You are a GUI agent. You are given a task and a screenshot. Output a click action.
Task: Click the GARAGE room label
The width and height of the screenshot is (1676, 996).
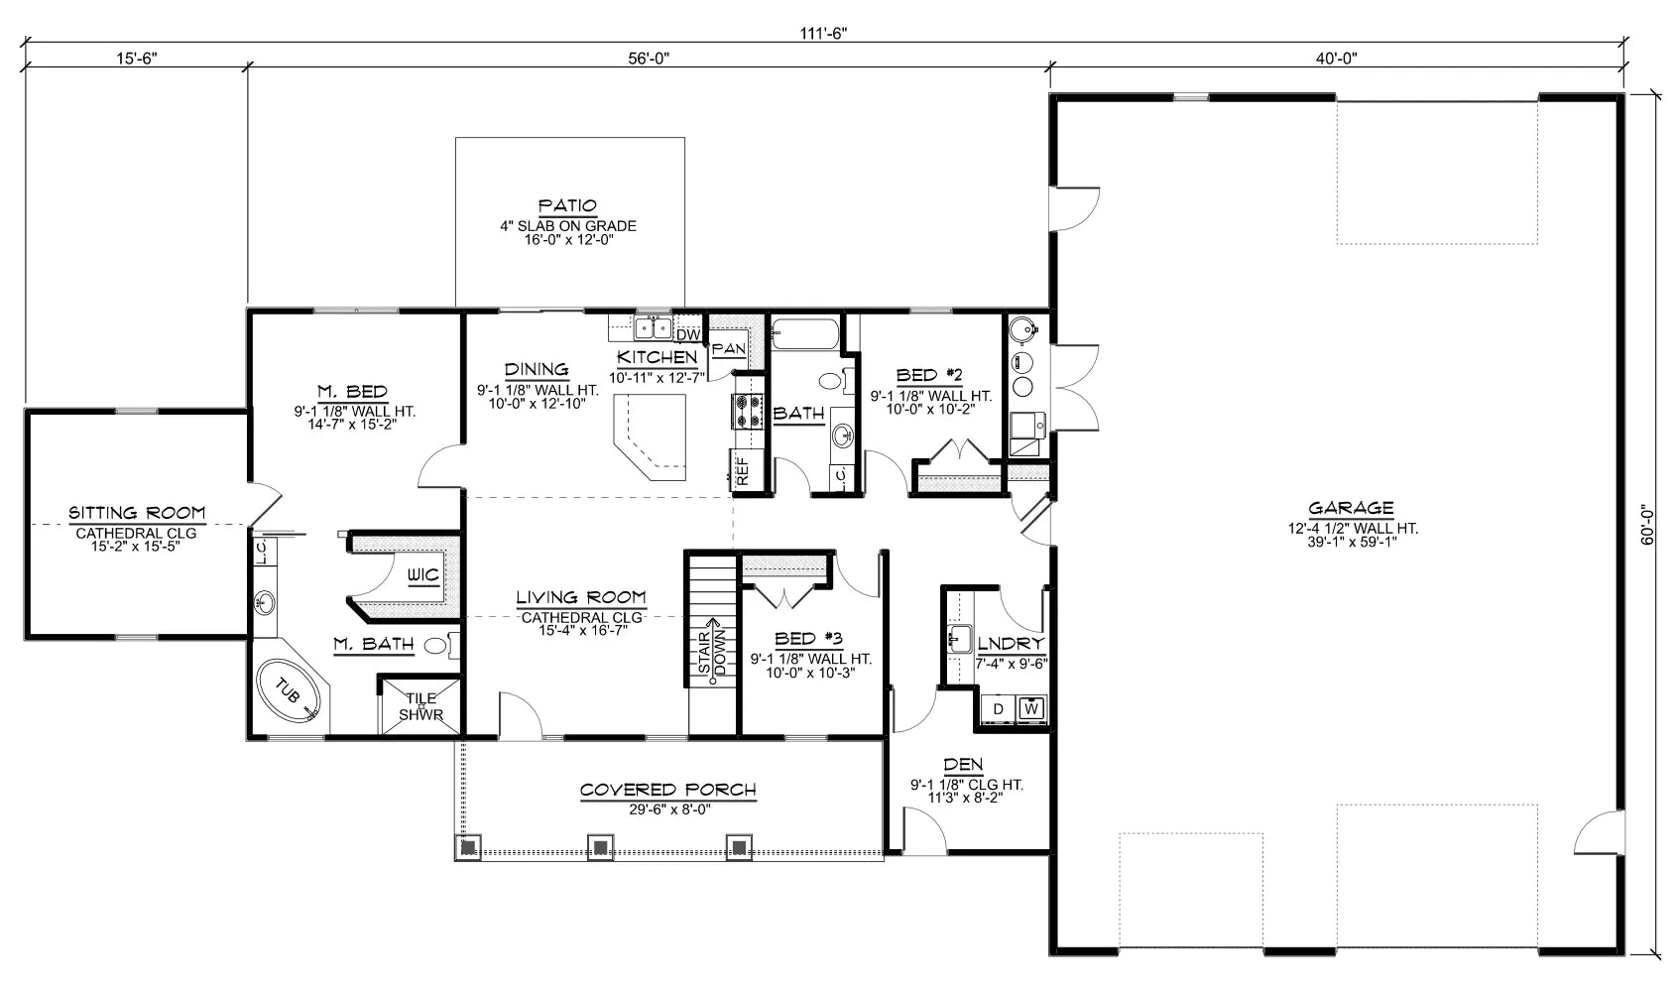(1351, 508)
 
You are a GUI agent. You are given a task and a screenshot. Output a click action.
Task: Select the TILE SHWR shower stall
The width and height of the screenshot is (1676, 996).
(420, 705)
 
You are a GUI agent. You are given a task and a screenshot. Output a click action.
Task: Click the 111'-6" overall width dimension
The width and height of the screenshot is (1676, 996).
(823, 33)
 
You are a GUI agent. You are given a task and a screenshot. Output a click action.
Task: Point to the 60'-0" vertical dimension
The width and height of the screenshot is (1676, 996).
(1647, 525)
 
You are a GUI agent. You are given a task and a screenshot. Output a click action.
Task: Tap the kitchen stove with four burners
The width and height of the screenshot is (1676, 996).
(746, 411)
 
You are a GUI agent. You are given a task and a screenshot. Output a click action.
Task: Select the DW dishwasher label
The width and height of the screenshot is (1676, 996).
(689, 334)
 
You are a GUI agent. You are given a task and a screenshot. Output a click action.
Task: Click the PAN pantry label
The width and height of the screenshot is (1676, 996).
(729, 348)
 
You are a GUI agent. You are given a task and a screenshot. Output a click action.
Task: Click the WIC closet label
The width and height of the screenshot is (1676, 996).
(423, 575)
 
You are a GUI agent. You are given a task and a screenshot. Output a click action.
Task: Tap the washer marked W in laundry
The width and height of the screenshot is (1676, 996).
(1031, 708)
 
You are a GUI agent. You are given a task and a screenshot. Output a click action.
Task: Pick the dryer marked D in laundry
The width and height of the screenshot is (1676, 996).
(998, 708)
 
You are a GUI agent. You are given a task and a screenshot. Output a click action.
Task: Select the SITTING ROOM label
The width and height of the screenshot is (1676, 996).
(137, 513)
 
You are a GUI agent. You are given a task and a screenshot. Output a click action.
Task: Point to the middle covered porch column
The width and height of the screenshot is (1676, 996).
(599, 847)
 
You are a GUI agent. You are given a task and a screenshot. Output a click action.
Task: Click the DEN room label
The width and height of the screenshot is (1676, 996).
(963, 764)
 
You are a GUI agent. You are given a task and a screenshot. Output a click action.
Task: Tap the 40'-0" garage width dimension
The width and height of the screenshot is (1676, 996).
(1336, 58)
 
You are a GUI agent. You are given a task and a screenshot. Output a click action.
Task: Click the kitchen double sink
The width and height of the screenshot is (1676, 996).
(653, 326)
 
